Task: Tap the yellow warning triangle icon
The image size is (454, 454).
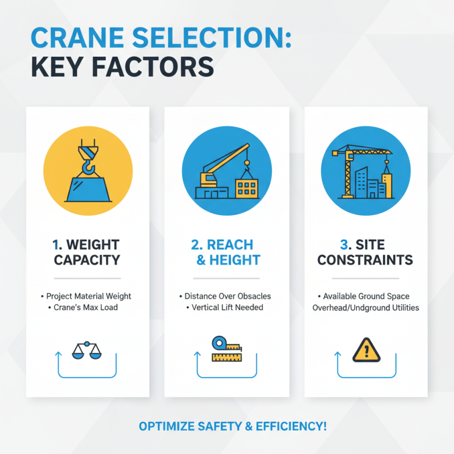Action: [x=365, y=349]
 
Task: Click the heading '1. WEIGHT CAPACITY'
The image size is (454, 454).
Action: [x=87, y=253]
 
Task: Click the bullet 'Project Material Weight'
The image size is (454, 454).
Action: [x=87, y=296]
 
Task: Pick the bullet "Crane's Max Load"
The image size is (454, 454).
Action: [x=87, y=308]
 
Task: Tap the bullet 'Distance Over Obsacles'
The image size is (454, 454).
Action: [x=227, y=296]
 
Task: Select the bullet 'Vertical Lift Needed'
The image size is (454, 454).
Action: [x=227, y=308]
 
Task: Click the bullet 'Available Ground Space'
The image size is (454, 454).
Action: [x=366, y=296]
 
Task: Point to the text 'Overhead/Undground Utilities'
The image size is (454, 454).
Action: [x=366, y=308]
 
